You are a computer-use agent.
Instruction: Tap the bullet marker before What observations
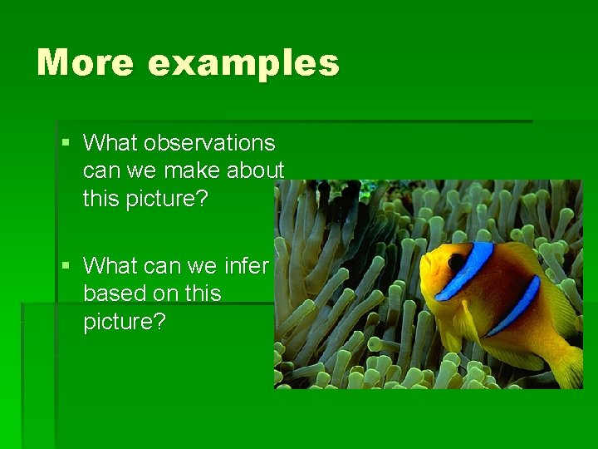click(66, 143)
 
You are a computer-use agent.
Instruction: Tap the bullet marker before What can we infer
click(66, 266)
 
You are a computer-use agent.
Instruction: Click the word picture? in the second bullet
click(125, 322)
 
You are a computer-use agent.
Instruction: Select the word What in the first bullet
click(110, 143)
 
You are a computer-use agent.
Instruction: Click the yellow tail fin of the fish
click(570, 366)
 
